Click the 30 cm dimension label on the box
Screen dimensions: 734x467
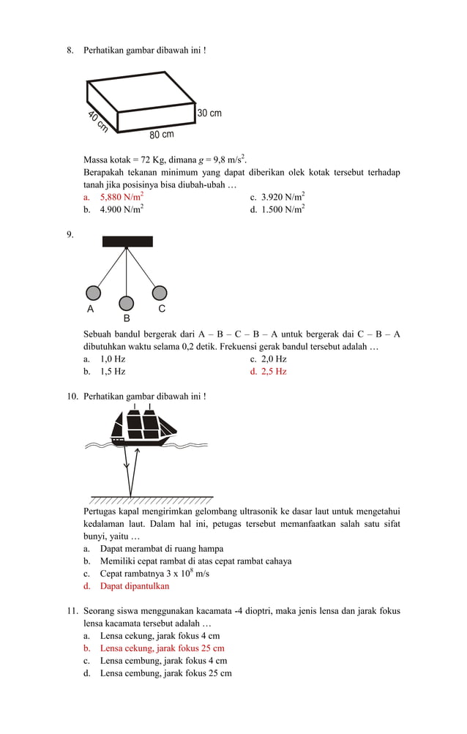click(209, 113)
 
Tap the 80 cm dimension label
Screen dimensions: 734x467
click(162, 135)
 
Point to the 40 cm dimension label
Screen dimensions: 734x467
click(97, 122)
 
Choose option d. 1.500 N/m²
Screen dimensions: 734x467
click(283, 209)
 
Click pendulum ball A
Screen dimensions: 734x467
click(93, 293)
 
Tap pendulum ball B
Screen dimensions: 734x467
click(127, 303)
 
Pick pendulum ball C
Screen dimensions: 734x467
click(159, 293)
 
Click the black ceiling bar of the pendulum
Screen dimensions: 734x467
click(127, 241)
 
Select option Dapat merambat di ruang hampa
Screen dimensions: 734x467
click(161, 549)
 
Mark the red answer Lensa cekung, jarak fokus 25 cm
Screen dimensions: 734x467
click(162, 648)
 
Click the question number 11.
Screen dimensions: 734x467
click(72, 611)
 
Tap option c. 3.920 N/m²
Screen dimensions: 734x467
click(283, 197)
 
